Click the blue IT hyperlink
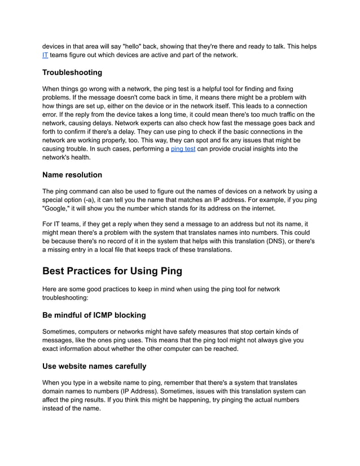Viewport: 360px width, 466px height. click(45, 55)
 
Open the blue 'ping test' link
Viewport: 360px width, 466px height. click(183, 148)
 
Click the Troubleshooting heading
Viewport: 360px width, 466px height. click(72, 73)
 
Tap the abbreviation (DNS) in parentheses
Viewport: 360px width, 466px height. click(282, 241)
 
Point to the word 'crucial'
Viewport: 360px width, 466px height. click(243, 148)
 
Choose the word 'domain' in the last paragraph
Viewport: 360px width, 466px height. click(54, 391)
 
